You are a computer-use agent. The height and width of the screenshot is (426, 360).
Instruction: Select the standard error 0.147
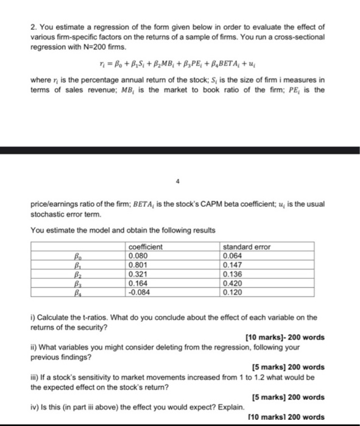point(234,265)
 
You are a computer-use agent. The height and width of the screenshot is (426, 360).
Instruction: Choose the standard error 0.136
point(234,274)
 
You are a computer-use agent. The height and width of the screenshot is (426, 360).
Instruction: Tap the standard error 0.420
point(234,283)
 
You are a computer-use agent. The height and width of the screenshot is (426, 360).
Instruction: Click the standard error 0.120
point(234,292)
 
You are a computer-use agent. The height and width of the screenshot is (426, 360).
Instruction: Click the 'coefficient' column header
point(146,246)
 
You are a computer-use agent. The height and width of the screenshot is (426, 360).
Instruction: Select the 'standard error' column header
point(247,246)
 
